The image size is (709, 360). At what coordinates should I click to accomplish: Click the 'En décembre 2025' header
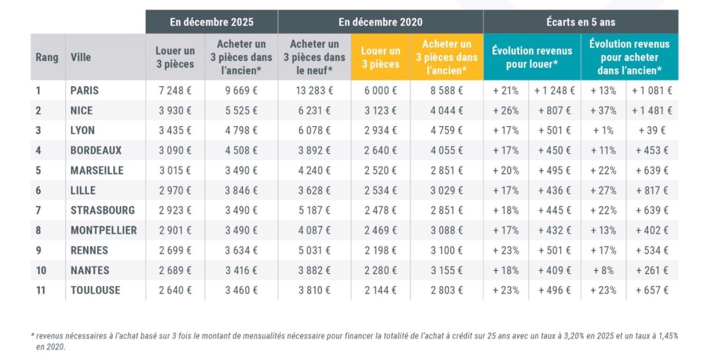point(211,22)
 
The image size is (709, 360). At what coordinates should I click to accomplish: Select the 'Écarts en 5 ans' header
point(581,22)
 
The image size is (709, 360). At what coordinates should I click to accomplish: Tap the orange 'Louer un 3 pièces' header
point(380,57)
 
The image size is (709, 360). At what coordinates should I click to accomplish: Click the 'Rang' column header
point(47,57)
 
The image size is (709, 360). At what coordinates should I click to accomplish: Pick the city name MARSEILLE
point(97,171)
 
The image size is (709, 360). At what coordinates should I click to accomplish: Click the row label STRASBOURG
point(102,210)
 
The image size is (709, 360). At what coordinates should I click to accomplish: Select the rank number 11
point(41,290)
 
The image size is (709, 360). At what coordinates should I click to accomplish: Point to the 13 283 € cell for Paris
point(315,91)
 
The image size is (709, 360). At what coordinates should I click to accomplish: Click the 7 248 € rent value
point(175,91)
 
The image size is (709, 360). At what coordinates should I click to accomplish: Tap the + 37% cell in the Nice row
point(603,111)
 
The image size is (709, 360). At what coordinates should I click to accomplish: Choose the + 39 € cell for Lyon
point(652,131)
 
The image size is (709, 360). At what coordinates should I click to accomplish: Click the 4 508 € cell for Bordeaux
point(241,151)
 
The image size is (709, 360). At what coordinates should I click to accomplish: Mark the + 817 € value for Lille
point(652,191)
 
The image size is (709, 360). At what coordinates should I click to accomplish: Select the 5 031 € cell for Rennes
point(315,251)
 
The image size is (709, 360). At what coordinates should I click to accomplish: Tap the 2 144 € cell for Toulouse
point(380,290)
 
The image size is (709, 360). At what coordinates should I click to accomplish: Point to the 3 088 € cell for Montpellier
point(446,231)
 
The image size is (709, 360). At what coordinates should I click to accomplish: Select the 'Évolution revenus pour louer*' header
point(532,57)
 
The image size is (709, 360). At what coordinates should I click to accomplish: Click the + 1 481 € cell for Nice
point(652,111)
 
